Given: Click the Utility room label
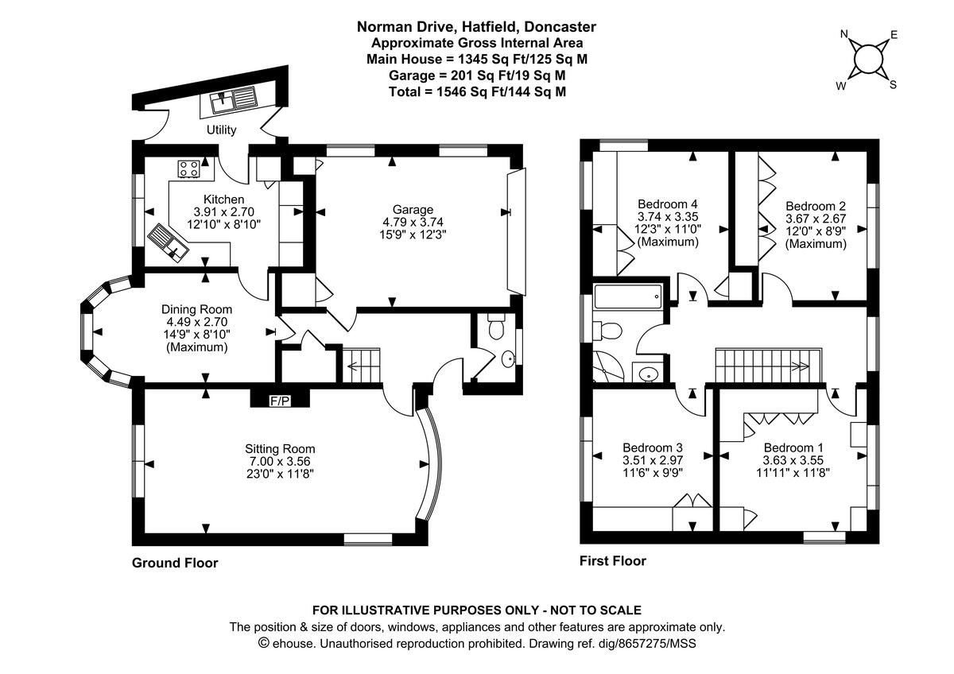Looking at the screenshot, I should pos(221,130).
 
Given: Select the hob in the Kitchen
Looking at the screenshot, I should pos(189,168).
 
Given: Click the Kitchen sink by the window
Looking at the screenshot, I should pos(167,242).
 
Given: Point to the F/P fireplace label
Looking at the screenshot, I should pos(280,401).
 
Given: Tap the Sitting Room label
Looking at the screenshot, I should pos(280,448).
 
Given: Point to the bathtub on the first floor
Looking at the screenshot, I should pos(626,299).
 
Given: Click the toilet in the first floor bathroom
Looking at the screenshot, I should pos(608,328).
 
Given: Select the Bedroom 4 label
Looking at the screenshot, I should pos(668,203).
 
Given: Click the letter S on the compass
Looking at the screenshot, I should pos(892,85).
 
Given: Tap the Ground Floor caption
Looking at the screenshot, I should pos(174,563).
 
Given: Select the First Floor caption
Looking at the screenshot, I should pos(612,560).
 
